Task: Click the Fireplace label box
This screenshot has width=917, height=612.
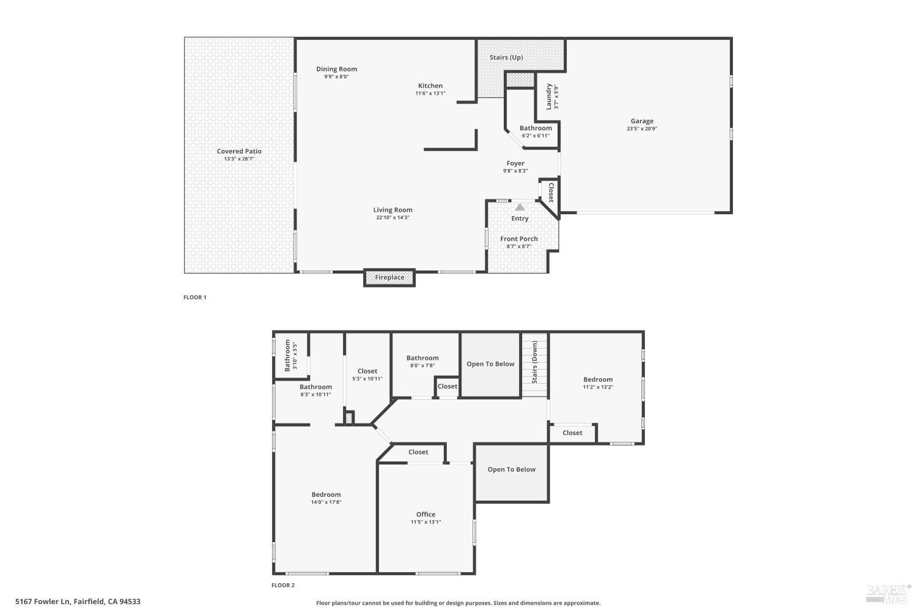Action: tap(389, 277)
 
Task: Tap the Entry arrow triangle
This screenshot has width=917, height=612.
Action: tap(520, 207)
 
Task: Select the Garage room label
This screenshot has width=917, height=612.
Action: tap(642, 121)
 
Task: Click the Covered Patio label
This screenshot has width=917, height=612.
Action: tap(239, 151)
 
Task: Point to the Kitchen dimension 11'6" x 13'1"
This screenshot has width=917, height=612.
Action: tap(430, 94)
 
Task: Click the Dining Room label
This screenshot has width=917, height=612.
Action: tap(336, 69)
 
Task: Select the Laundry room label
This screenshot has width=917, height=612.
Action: tap(549, 96)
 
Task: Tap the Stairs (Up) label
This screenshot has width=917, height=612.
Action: tap(506, 58)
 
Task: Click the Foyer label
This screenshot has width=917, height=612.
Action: tap(515, 163)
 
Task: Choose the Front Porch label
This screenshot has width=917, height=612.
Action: tap(519, 239)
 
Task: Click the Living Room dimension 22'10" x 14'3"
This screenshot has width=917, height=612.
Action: tap(392, 217)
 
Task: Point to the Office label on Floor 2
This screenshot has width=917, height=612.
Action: tap(425, 514)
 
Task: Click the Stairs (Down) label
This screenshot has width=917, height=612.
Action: tap(535, 362)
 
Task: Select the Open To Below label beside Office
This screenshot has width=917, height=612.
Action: tap(511, 469)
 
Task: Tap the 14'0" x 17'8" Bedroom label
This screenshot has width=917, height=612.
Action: tap(326, 494)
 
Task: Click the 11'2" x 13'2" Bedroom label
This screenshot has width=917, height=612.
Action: tap(597, 379)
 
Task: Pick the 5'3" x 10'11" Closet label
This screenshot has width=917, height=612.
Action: tap(367, 371)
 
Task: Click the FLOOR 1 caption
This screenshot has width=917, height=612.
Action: tap(195, 297)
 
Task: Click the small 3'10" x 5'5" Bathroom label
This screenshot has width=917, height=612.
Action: tap(287, 356)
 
